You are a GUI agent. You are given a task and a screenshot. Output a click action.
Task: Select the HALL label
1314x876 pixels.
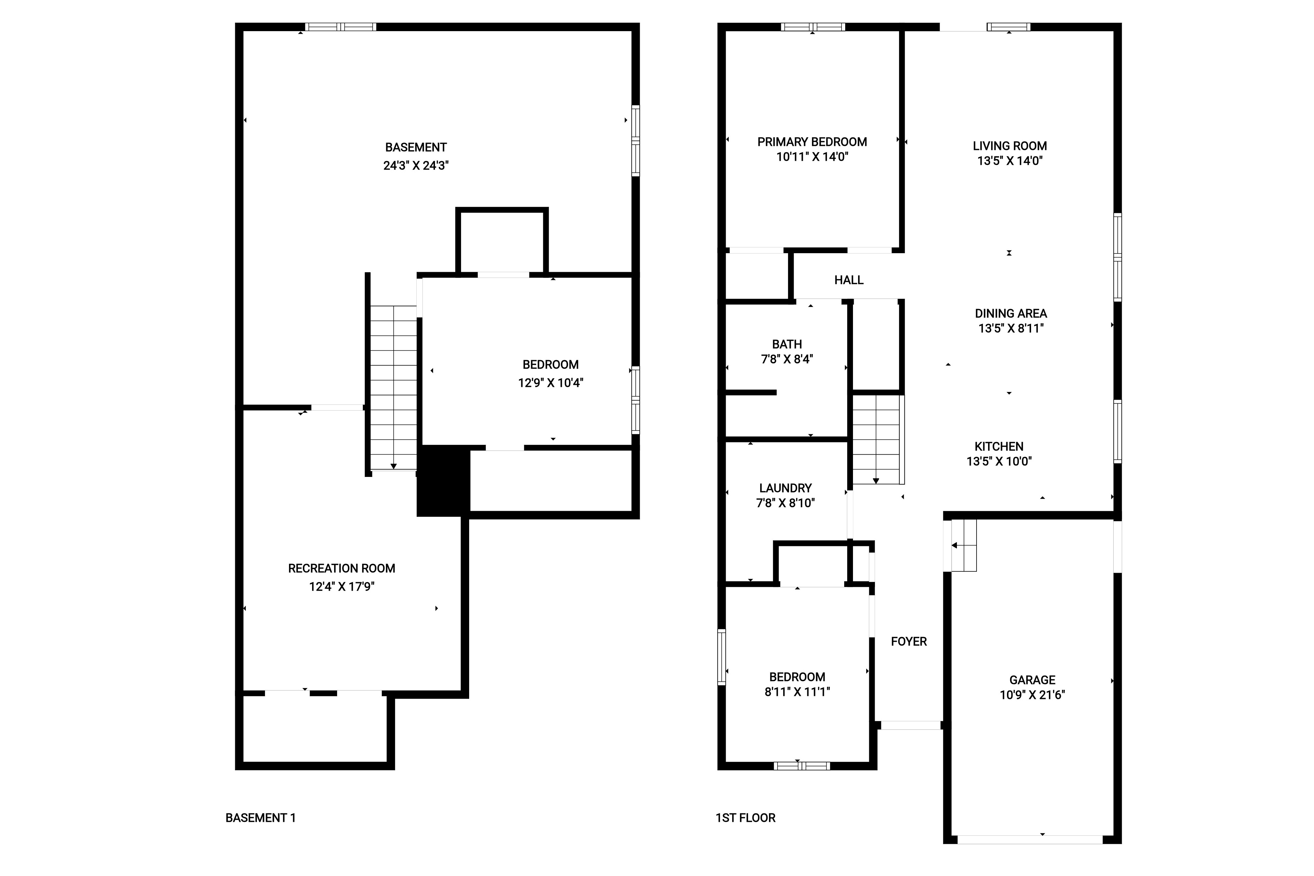pos(849,280)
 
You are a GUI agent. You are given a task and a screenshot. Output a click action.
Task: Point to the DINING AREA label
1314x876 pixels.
pos(1011,313)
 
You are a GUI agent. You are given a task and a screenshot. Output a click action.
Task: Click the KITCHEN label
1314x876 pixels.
pos(999,446)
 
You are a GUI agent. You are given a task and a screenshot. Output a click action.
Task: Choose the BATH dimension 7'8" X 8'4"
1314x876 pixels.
pos(787,359)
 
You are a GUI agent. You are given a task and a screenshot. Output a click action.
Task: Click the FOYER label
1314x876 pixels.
pos(908,641)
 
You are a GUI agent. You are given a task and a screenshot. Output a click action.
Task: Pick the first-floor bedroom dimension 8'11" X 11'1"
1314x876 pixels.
pos(797,692)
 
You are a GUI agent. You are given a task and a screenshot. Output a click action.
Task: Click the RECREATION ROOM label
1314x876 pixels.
pos(341,568)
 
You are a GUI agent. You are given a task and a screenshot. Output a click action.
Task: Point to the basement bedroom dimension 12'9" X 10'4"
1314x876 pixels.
pos(550,383)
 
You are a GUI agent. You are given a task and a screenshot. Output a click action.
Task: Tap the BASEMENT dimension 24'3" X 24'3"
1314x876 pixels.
pos(416,166)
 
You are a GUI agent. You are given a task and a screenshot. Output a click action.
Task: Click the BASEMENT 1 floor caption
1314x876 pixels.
pos(260,818)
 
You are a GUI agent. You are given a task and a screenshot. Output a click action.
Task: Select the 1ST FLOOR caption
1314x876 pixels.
pos(745,818)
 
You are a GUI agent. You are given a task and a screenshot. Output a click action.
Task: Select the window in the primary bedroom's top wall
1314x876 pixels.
pos(813,27)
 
